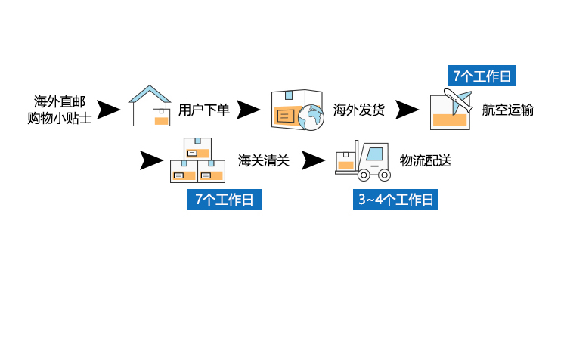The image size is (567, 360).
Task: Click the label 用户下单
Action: point(204,110)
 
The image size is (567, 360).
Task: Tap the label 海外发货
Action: point(359,110)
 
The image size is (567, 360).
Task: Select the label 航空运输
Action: point(508,110)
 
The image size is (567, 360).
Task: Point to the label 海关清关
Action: point(264,160)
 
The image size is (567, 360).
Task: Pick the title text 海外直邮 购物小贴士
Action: point(64,110)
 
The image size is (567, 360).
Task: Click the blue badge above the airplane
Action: point(481,76)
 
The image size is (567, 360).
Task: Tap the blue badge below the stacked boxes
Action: point(225,200)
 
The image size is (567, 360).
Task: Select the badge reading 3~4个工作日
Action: point(395,200)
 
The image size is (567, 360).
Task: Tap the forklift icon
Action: point(363,160)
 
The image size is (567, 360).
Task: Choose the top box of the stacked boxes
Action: point(197,148)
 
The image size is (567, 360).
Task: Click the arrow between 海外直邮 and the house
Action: point(110,110)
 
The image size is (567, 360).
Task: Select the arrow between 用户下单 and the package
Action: point(249,110)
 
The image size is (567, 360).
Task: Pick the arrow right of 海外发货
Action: point(407,110)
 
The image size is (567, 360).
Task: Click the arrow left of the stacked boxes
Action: point(152,160)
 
